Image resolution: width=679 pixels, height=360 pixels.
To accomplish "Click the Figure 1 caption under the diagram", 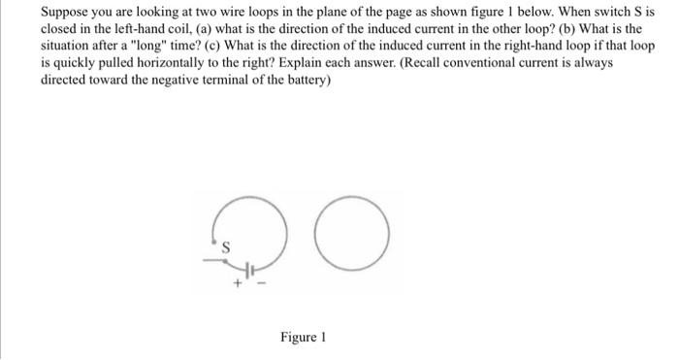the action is click(x=303, y=337).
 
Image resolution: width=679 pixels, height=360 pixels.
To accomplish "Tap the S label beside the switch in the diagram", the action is click(x=226, y=246).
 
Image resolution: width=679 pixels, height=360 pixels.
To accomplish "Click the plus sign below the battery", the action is click(x=236, y=283).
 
